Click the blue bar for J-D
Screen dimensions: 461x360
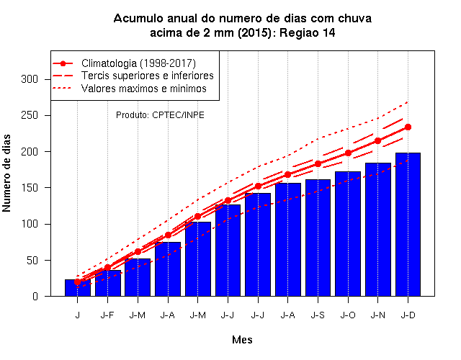(x=408, y=225)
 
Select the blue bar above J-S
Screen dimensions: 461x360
(x=318, y=238)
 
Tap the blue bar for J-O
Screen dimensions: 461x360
(x=348, y=234)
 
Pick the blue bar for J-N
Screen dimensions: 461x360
(x=377, y=230)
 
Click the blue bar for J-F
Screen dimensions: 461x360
(x=107, y=283)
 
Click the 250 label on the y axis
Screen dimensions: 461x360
(x=30, y=115)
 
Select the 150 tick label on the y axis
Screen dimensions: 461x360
(x=30, y=188)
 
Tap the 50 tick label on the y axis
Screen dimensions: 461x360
(x=32, y=261)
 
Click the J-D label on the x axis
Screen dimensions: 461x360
(x=408, y=315)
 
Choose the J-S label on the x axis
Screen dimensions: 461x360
(x=318, y=315)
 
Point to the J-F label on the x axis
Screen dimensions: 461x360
(x=107, y=315)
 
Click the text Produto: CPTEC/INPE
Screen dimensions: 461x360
(x=160, y=115)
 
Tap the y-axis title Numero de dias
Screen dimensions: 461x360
(x=6, y=174)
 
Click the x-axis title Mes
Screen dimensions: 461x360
(x=242, y=340)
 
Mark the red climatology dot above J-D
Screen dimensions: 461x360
(x=408, y=127)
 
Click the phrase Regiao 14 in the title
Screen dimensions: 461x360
(x=308, y=32)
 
